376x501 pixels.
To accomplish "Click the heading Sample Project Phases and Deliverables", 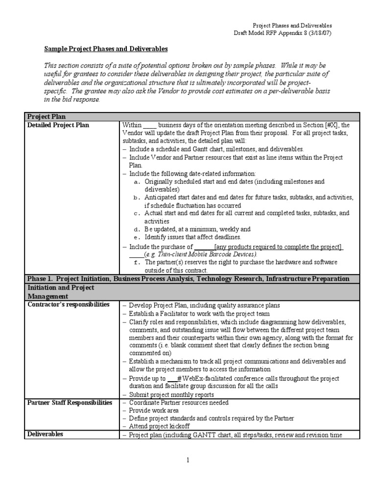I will point(106,49).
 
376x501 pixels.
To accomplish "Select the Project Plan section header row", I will point(47,117).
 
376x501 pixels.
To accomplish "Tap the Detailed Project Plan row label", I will point(58,125).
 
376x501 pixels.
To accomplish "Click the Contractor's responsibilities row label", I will point(68,304).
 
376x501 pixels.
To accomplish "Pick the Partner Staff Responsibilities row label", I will point(70,403).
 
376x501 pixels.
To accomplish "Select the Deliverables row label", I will point(45,434).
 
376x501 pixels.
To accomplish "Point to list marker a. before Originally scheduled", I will point(138,182).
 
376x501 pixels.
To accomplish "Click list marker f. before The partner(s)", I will point(138,263).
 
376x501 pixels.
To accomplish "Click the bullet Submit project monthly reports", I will point(171,395).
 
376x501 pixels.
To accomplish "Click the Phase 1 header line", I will point(188,279).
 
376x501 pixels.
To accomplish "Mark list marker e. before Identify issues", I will point(138,237).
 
